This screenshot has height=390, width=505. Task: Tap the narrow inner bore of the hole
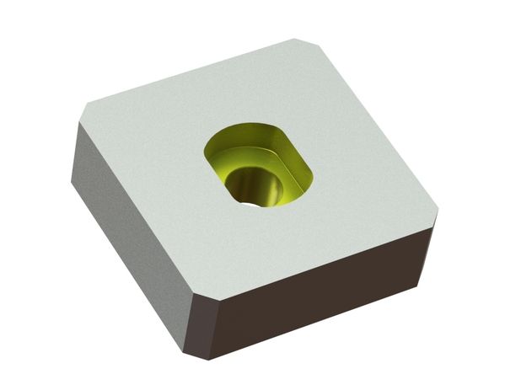pos(253,186)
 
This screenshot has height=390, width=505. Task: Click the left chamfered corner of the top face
pos(87,112)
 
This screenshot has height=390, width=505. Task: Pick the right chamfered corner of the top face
pos(438,206)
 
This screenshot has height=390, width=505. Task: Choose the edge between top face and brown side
pos(320,248)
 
